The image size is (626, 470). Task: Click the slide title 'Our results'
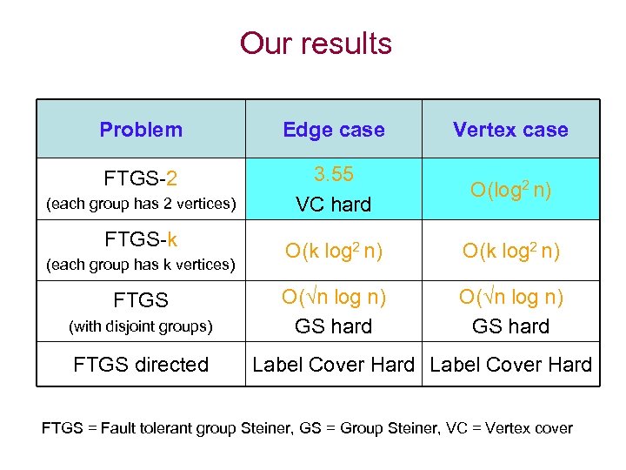(x=316, y=43)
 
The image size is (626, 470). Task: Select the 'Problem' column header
(x=141, y=130)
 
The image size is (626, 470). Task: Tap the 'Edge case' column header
(x=333, y=130)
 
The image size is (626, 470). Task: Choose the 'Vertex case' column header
(x=510, y=130)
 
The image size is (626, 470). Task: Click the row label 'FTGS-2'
(x=141, y=178)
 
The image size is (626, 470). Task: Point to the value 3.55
(x=333, y=174)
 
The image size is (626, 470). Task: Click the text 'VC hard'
(x=333, y=205)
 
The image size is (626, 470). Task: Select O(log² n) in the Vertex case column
(x=510, y=190)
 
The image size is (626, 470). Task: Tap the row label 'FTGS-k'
(x=141, y=238)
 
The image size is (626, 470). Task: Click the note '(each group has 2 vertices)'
(x=141, y=205)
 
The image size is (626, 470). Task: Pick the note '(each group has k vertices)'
(x=141, y=264)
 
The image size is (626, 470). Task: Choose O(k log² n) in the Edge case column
(x=333, y=252)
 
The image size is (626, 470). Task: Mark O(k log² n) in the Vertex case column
(x=510, y=252)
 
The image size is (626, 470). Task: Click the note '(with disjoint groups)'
(x=141, y=326)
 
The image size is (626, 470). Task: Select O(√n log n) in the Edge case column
(x=333, y=298)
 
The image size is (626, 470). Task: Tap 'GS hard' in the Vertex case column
(x=510, y=326)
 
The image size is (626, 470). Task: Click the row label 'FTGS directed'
(x=141, y=365)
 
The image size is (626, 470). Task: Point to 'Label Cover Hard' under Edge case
(x=333, y=365)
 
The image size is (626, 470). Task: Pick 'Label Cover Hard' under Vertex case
(x=510, y=365)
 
